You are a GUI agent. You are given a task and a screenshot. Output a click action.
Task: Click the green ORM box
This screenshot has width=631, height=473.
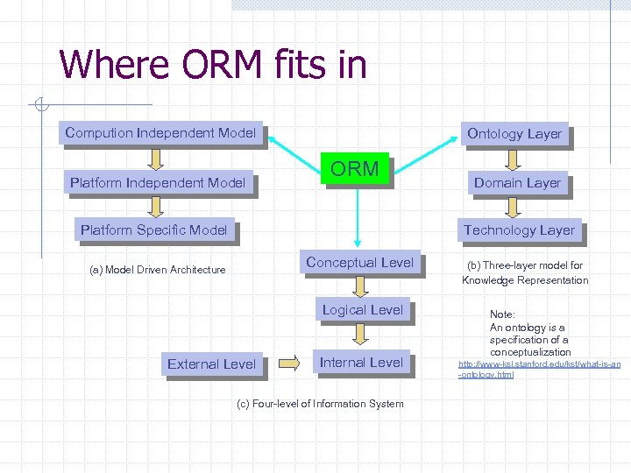355,169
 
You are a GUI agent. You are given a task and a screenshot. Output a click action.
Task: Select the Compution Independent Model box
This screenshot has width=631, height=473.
160,133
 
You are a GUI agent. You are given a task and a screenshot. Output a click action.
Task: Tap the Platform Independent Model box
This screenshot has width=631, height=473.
158,182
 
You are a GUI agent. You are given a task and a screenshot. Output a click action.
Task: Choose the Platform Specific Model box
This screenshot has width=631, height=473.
154,230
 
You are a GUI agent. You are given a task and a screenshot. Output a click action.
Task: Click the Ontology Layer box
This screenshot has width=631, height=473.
514,134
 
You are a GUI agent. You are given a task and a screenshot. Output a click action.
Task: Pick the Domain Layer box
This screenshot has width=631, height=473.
517,183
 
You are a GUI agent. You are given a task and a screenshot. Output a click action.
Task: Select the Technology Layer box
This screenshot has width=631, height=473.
519,230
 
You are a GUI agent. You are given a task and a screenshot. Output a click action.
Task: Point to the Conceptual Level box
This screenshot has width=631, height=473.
359,262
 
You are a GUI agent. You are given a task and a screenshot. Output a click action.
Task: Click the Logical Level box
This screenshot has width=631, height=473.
362,310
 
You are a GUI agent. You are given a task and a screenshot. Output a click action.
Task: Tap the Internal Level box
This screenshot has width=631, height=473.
361,363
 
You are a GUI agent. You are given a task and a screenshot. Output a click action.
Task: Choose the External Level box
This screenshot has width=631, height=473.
212,364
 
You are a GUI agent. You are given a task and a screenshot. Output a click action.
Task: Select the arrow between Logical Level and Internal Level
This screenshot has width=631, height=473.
361,335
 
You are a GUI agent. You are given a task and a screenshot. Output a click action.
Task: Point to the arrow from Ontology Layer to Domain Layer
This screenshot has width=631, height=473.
514,159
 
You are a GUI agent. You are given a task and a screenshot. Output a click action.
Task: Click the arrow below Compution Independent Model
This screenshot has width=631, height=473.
156,158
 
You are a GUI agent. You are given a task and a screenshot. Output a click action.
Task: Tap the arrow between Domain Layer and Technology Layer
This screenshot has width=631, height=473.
515,207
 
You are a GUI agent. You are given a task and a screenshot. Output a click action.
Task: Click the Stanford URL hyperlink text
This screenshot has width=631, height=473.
539,369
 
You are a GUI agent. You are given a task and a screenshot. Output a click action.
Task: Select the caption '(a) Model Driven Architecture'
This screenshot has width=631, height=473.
158,270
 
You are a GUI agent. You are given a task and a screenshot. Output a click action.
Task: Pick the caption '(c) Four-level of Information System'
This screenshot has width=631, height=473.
321,404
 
